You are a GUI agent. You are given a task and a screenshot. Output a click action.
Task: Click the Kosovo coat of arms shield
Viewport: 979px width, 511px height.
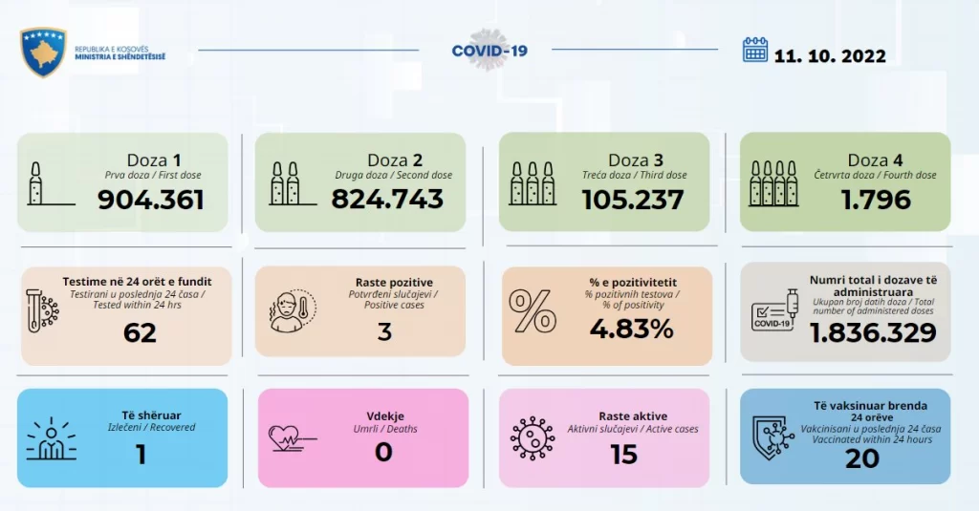point(42,52)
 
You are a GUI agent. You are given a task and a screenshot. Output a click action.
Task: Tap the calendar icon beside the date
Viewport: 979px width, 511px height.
point(755,50)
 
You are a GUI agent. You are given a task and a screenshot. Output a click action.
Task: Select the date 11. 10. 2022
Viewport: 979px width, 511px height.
point(830,56)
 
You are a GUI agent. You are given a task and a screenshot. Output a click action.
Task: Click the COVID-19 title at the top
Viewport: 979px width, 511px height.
point(489,51)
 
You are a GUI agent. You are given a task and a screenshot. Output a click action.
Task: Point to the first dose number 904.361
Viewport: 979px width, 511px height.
point(150,200)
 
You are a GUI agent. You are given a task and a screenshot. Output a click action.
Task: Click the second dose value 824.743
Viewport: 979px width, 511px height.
point(387,199)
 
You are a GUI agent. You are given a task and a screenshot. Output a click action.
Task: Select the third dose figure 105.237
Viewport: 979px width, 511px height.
point(633,200)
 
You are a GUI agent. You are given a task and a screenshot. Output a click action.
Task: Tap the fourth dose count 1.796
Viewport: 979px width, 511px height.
point(876,200)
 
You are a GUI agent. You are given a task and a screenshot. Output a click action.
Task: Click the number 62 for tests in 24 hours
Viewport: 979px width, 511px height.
point(140,332)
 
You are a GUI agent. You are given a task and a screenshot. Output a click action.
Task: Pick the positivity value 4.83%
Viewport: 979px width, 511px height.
point(631,329)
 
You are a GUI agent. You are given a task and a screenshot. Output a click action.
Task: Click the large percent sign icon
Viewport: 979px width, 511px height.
point(533,310)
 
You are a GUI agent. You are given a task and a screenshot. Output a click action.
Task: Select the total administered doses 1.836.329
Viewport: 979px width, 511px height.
point(873,332)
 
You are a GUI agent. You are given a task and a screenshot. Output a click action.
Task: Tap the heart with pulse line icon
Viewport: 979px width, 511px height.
point(291,437)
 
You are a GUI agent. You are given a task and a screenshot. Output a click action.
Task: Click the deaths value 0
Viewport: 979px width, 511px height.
point(383,453)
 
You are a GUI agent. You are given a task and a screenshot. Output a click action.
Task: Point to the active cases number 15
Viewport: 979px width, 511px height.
point(623,455)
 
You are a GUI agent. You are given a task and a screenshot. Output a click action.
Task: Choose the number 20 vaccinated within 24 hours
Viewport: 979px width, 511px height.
point(862,459)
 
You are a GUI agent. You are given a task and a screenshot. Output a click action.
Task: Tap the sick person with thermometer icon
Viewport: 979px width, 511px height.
point(293,310)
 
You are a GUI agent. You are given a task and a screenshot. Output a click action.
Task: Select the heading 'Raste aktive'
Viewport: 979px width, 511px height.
point(633,416)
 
